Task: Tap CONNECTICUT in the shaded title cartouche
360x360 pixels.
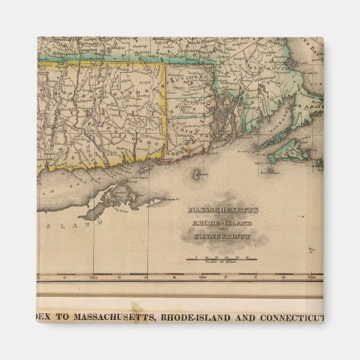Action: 221,237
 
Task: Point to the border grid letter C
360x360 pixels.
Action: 65,277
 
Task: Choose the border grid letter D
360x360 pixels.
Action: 120,277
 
